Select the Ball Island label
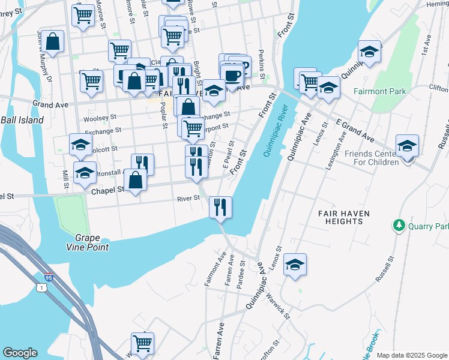[x=22, y=120]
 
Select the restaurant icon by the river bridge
[x=220, y=207]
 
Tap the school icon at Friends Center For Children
[x=407, y=146]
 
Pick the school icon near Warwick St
[x=295, y=265]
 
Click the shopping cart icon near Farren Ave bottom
[x=143, y=344]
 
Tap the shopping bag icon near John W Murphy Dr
[x=53, y=42]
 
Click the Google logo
[x=20, y=353]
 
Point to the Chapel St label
[x=107, y=190]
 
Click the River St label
[x=188, y=199]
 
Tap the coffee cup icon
[x=232, y=76]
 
